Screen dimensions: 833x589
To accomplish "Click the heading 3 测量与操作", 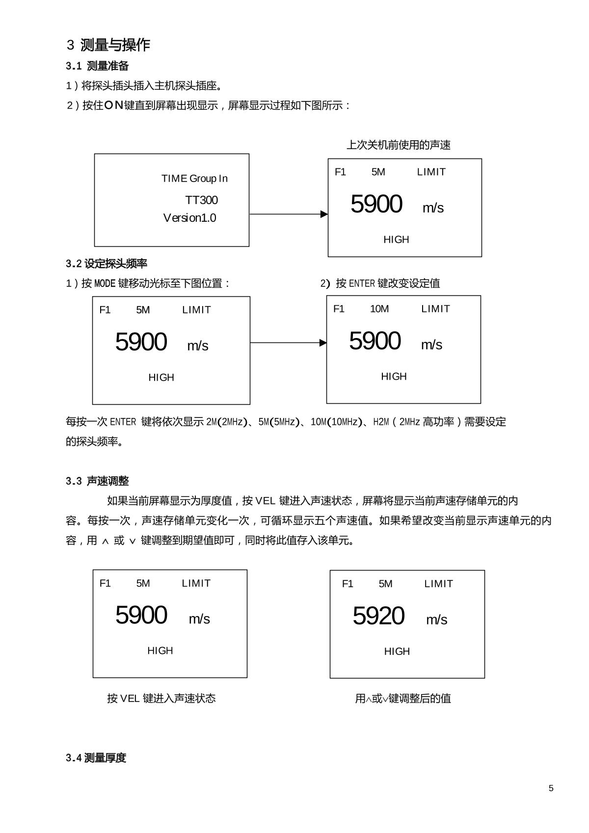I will [108, 45].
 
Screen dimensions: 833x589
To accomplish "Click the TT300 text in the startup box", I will [201, 200].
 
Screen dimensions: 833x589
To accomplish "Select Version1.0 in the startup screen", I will [189, 218].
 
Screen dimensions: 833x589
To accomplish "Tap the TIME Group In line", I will [194, 179].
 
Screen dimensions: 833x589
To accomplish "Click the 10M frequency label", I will [379, 309].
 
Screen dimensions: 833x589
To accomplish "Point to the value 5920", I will [378, 616].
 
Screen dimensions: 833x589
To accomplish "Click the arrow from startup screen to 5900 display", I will [288, 214].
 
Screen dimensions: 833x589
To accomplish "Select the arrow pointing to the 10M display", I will [288, 342].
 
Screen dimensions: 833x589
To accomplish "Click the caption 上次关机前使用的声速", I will [399, 145].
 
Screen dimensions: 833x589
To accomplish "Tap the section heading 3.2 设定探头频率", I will [107, 264].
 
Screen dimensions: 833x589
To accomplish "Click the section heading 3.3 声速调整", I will [97, 481].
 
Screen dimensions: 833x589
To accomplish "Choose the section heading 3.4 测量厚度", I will [96, 758].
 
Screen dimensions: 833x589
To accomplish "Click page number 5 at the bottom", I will [551, 788].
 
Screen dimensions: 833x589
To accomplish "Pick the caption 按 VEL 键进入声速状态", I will [161, 699].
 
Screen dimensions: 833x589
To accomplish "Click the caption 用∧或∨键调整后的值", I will [403, 699].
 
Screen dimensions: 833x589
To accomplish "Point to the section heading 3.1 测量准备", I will [97, 66].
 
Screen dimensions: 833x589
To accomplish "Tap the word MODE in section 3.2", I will [105, 284].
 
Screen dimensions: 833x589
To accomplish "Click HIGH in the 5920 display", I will [397, 651].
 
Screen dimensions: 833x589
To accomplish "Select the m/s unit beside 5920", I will [436, 620].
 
